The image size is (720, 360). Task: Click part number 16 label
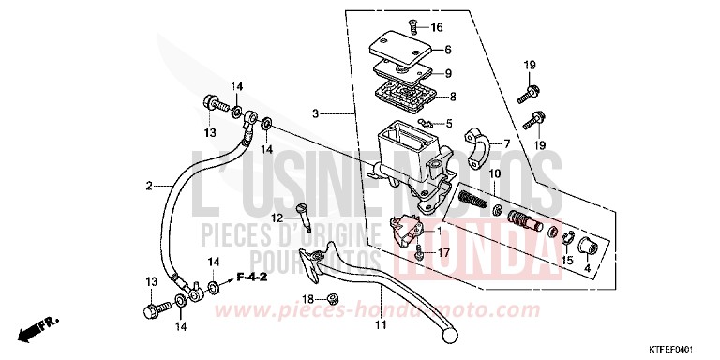point(438,27)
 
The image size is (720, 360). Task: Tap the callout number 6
point(449,50)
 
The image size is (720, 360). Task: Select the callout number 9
point(449,73)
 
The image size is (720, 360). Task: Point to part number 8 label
point(453,96)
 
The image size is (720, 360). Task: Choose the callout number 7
point(505,143)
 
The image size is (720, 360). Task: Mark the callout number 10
point(494,174)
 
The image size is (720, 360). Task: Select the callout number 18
point(306,299)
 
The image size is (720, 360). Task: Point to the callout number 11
point(381,325)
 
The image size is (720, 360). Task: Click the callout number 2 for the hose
point(148,186)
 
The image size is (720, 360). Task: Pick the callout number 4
point(589,269)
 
